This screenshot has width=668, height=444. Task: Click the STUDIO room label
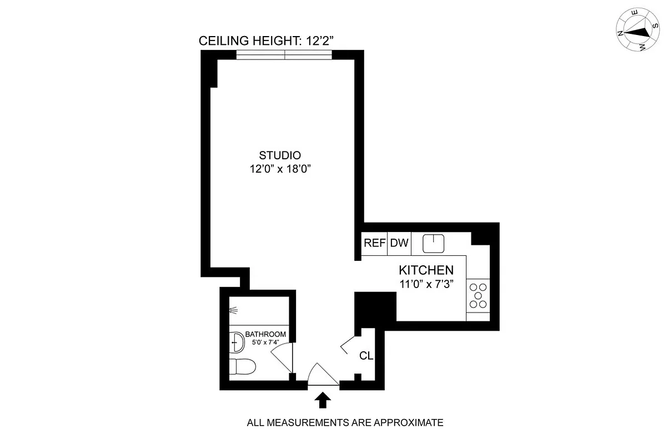[x=280, y=155]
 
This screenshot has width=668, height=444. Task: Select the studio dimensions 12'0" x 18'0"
[x=280, y=169]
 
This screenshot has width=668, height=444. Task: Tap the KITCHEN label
[x=426, y=270]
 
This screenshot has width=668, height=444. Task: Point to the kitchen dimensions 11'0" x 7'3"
[x=426, y=285]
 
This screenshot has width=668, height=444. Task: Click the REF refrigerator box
[x=374, y=243]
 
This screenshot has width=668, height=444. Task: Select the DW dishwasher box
[x=399, y=243]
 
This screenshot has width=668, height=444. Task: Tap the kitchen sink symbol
[x=434, y=243]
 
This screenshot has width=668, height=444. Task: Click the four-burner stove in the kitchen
[x=478, y=296]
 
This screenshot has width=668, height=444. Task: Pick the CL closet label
[x=366, y=356]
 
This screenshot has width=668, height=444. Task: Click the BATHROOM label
[x=265, y=334]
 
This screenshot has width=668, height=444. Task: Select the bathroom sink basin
[x=237, y=342]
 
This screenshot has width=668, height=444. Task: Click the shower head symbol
[x=234, y=311]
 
